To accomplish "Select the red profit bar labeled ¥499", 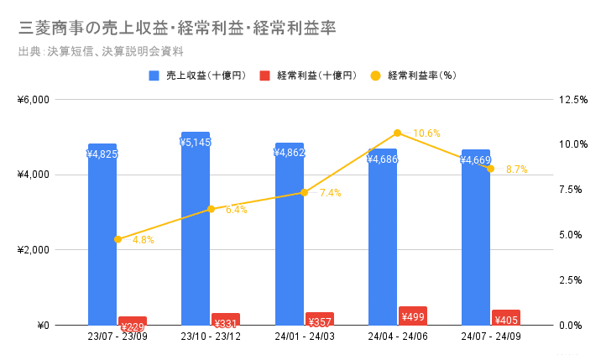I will (413, 316).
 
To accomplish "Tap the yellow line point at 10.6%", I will (397, 133).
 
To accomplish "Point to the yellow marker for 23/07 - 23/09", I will (118, 239).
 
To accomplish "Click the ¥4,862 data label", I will (290, 153).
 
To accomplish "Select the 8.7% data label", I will (517, 170).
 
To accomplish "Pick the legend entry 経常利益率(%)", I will (421, 76).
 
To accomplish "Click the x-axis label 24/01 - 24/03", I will (304, 338).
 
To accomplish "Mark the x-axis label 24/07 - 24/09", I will (491, 338).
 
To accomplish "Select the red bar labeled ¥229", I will (133, 321).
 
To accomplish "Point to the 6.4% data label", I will (237, 210).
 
